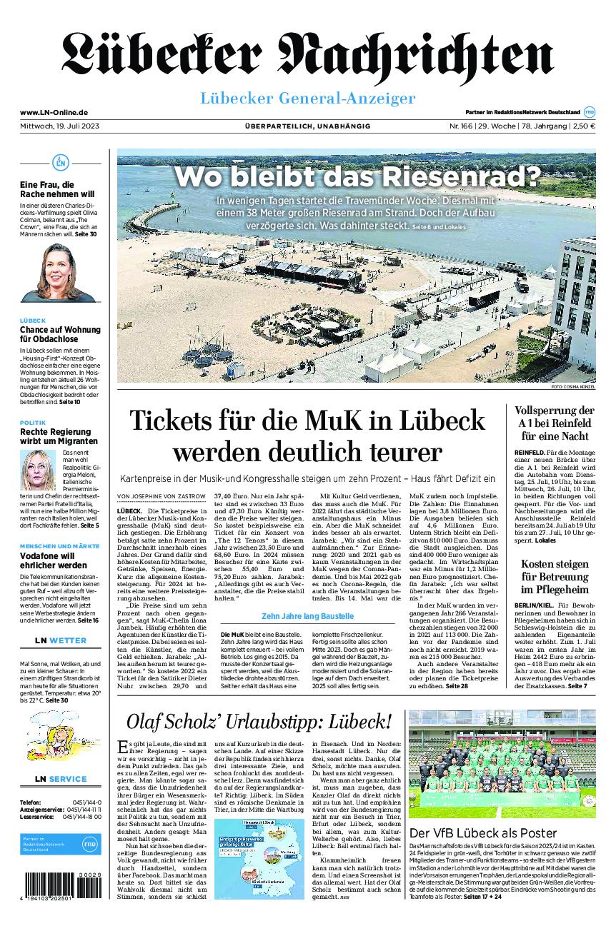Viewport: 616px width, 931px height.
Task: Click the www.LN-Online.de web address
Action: tap(54, 112)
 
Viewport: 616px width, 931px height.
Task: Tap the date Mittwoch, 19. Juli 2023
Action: tap(59, 126)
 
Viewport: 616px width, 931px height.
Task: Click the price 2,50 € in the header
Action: tap(584, 126)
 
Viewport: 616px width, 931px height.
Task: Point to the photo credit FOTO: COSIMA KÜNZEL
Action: tap(573, 386)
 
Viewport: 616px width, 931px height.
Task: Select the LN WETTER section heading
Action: tap(60, 640)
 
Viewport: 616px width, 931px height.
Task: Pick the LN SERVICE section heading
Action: tap(60, 779)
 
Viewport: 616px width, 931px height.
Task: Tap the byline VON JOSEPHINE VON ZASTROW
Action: tap(160, 496)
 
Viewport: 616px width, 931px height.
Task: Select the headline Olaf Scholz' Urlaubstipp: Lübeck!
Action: tap(259, 721)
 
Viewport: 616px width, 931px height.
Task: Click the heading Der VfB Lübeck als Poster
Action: tap(483, 833)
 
